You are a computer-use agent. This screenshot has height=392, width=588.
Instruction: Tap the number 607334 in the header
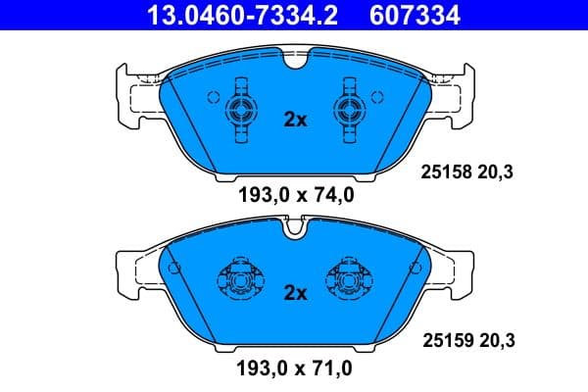click(x=414, y=15)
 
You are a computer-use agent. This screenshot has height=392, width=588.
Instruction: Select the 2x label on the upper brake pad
click(x=295, y=120)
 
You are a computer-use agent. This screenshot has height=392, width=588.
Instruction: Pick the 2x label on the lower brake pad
click(x=295, y=292)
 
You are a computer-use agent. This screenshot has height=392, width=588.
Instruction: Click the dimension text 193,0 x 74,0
click(x=295, y=194)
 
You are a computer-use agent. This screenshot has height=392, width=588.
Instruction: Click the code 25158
click(x=442, y=172)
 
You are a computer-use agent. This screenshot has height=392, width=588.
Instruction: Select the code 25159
click(x=442, y=341)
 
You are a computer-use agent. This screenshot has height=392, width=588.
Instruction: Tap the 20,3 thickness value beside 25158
click(x=496, y=172)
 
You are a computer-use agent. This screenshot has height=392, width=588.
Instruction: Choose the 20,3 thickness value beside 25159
click(x=496, y=341)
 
